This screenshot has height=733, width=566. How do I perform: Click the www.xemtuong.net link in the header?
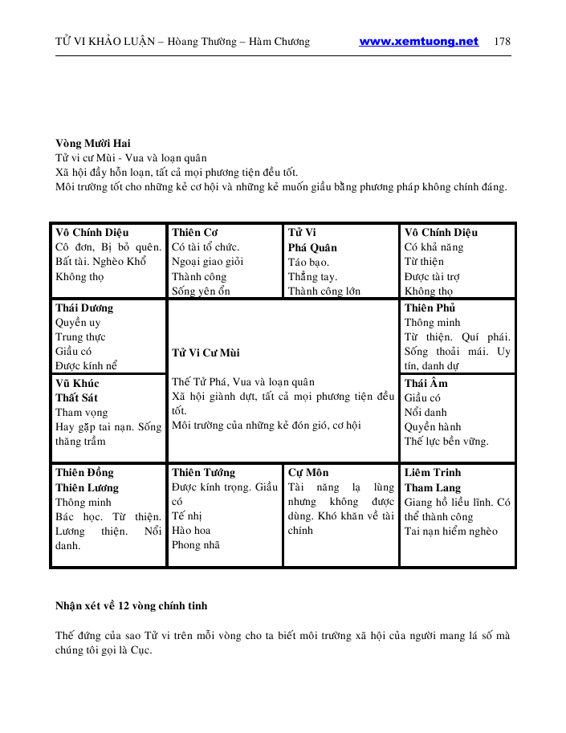(418, 42)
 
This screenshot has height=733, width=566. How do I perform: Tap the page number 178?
(503, 42)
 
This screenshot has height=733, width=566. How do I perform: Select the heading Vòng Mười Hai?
(93, 143)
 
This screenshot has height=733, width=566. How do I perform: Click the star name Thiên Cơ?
(195, 233)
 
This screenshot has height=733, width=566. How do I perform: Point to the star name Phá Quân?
(312, 247)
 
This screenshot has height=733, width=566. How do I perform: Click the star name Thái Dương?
(84, 308)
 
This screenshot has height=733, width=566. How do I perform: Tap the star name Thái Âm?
(426, 384)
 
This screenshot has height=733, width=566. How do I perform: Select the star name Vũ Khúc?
(78, 384)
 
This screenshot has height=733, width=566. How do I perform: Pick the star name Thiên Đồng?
(84, 473)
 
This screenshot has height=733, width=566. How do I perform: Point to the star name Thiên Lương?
(87, 487)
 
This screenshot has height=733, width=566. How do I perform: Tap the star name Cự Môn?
(308, 473)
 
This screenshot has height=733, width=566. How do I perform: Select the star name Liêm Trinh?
(433, 473)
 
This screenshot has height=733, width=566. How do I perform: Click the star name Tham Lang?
(431, 487)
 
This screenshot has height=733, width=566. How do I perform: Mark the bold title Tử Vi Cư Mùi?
(206, 352)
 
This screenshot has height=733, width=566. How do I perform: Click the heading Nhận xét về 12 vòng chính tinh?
(131, 605)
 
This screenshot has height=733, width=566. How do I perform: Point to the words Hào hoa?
(191, 531)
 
